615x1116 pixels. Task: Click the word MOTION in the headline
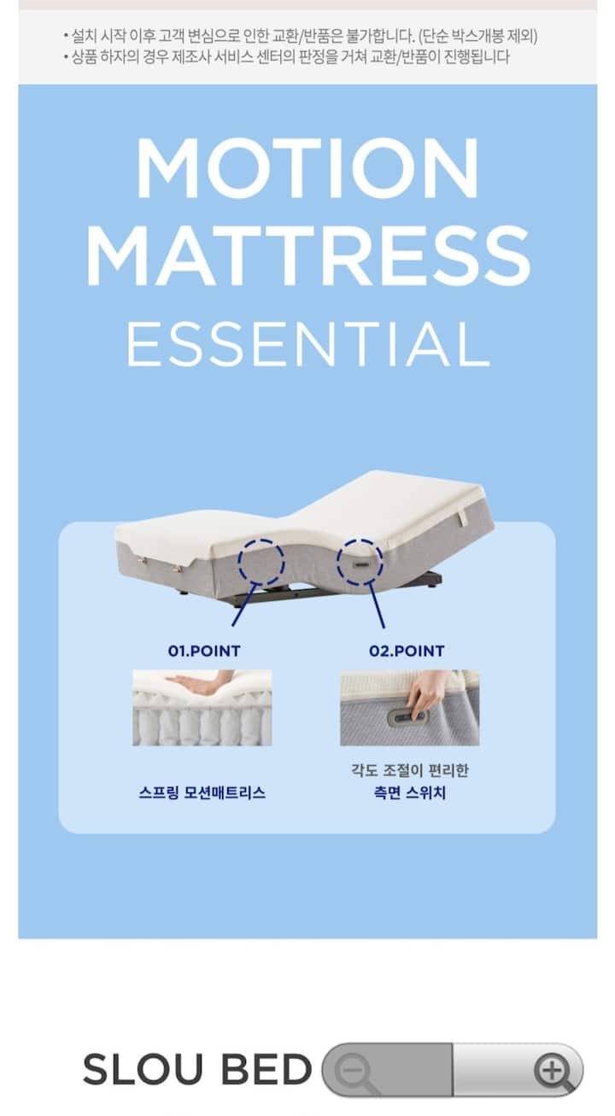[x=307, y=168]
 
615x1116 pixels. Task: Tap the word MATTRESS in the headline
[x=308, y=255]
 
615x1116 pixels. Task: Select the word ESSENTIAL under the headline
[x=307, y=344]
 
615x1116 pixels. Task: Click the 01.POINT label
[x=204, y=651]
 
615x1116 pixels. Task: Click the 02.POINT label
[x=407, y=651]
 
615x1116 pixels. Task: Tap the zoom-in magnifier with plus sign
[x=554, y=1070]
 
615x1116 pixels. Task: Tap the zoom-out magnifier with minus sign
[x=354, y=1071]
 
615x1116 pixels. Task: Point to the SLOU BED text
[x=197, y=1069]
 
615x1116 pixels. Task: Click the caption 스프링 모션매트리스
[x=202, y=792]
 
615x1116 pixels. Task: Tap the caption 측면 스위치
[x=410, y=792]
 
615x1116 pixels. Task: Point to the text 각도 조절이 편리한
[x=410, y=770]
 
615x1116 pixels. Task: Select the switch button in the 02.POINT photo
[x=407, y=718]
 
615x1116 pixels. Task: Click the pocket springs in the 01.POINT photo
[x=202, y=725]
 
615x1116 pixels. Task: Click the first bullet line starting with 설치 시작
[x=301, y=36]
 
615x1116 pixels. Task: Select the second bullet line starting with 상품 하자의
[x=286, y=57]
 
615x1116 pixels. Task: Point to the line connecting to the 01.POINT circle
[x=244, y=605]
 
